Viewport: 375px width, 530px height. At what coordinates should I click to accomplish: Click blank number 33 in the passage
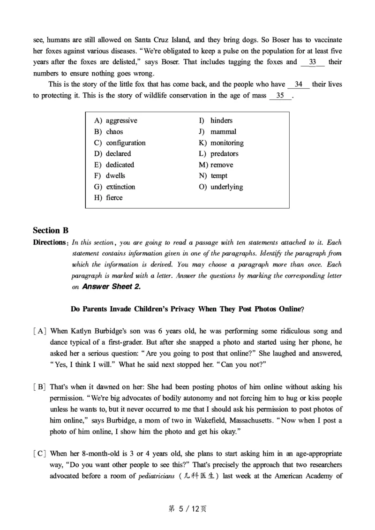pyautogui.click(x=313, y=62)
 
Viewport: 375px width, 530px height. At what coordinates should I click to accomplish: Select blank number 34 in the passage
pyautogui.click(x=299, y=84)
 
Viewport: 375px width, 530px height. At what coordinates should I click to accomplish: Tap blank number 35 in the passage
pyautogui.click(x=281, y=96)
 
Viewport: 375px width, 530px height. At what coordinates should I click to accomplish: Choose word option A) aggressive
pyautogui.click(x=116, y=121)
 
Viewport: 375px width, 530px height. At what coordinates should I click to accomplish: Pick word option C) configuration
pyautogui.click(x=120, y=143)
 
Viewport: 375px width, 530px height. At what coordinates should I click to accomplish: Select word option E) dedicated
pyautogui.click(x=114, y=165)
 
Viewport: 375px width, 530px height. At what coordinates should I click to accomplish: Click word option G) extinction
pyautogui.click(x=114, y=187)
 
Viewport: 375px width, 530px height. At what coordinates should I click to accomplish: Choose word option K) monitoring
pyautogui.click(x=221, y=143)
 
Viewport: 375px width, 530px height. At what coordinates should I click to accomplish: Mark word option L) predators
pyautogui.click(x=218, y=153)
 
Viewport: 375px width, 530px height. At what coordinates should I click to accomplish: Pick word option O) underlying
pyautogui.click(x=221, y=187)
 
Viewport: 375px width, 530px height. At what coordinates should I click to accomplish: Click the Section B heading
pyautogui.click(x=51, y=230)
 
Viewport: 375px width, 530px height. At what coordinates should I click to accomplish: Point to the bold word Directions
pyautogui.click(x=49, y=242)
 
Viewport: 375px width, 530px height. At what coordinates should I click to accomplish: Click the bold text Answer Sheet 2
pyautogui.click(x=111, y=287)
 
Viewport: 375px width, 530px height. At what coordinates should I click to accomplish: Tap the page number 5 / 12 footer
pyautogui.click(x=187, y=508)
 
